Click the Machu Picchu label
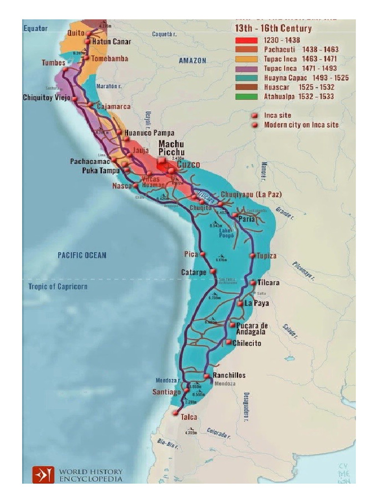(x=171, y=148)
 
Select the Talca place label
(x=189, y=417)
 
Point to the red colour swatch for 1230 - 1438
(x=246, y=40)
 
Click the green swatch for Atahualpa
(x=246, y=97)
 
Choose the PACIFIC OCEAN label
(x=81, y=255)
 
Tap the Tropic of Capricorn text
(x=57, y=286)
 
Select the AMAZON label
(x=192, y=60)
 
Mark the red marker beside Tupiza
(x=252, y=256)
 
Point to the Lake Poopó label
(x=225, y=233)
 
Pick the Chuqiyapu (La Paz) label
(x=251, y=195)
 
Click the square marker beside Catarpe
(x=213, y=271)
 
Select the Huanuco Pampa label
(x=149, y=133)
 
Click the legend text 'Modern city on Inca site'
(x=301, y=125)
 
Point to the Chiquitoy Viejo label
(x=47, y=98)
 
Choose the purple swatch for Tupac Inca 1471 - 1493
(x=246, y=68)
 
